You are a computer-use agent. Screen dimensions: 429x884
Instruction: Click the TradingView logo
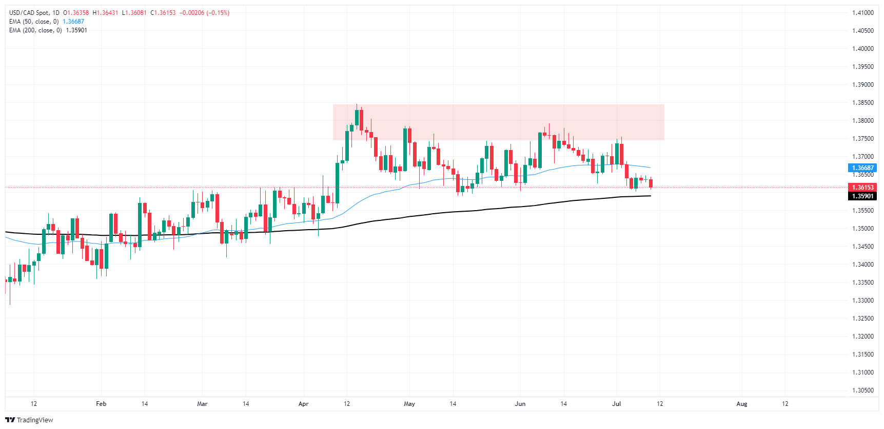point(29,420)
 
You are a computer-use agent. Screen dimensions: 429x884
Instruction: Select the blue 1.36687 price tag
point(862,168)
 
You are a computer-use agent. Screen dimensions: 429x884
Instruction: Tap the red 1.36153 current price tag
point(862,188)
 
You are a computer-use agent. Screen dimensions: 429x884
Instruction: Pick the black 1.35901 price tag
point(862,196)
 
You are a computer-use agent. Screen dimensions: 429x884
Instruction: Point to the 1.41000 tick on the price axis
point(862,13)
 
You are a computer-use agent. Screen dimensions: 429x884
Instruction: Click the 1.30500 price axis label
point(862,390)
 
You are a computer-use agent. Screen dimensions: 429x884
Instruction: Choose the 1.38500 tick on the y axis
point(862,103)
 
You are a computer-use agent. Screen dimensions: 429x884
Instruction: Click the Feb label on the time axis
point(101,404)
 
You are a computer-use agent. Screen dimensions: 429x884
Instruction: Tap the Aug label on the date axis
point(741,404)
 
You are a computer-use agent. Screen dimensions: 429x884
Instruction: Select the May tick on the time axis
point(409,404)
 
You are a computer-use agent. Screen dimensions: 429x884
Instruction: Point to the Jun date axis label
point(520,404)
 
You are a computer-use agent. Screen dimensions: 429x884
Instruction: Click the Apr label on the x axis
point(303,404)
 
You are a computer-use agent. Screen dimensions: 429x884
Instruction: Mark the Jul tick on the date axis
point(617,404)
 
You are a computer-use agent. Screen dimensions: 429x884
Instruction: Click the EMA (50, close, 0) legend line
point(34,22)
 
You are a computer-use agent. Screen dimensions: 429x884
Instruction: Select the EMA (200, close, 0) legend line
point(35,30)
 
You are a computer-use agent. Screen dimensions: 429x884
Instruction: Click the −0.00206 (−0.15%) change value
point(204,13)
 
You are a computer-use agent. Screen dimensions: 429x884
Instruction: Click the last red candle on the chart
point(651,183)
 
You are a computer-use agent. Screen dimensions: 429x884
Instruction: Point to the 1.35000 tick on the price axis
point(862,229)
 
